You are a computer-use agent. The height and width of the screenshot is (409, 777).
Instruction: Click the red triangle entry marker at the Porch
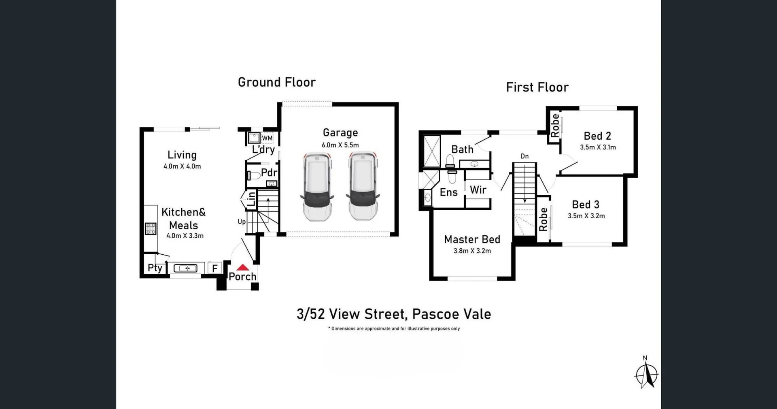click(x=243, y=267)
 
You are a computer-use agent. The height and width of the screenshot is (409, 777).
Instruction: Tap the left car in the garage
click(x=317, y=187)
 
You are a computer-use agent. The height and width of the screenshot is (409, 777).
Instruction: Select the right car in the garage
click(x=363, y=186)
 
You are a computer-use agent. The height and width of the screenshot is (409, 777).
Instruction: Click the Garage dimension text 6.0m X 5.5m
click(x=340, y=145)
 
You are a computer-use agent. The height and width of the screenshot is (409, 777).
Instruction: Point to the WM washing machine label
click(x=267, y=138)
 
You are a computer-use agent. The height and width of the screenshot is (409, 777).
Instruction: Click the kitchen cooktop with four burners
click(x=151, y=229)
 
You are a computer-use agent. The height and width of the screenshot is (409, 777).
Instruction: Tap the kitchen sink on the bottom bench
click(x=185, y=268)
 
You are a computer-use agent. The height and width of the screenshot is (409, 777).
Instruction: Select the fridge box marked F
click(x=215, y=268)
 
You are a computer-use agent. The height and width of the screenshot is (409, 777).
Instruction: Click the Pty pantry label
click(x=155, y=268)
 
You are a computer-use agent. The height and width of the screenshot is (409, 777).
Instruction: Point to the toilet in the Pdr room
click(x=254, y=176)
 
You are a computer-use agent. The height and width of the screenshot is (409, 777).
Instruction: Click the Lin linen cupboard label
click(x=251, y=199)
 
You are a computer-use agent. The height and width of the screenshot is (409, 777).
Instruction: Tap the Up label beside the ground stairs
click(x=242, y=222)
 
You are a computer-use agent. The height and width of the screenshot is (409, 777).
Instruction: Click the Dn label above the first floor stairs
click(x=524, y=156)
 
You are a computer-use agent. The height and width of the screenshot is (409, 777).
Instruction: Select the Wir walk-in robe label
click(x=478, y=190)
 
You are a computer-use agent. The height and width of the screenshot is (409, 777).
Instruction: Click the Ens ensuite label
click(x=449, y=192)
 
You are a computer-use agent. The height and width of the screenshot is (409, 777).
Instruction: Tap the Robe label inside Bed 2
click(x=555, y=125)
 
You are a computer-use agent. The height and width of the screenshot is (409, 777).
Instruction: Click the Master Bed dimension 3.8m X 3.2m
click(x=472, y=251)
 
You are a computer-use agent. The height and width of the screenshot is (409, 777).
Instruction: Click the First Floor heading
click(x=537, y=87)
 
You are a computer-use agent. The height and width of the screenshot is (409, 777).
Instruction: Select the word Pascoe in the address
click(x=436, y=314)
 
